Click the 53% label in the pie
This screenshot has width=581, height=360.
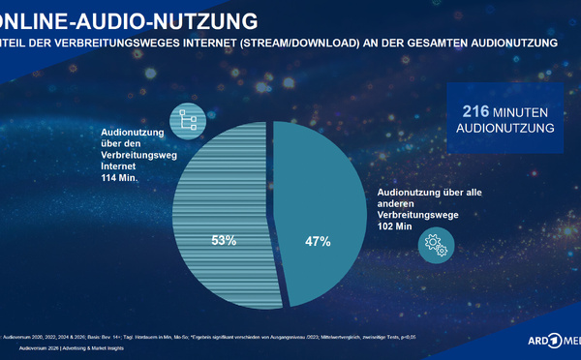[225, 239]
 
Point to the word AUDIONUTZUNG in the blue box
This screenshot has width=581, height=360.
[506, 128]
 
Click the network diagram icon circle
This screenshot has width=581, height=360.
[184, 120]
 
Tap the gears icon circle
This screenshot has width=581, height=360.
[436, 247]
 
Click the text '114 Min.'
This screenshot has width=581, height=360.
[123, 177]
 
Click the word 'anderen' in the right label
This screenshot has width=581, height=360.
[396, 203]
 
